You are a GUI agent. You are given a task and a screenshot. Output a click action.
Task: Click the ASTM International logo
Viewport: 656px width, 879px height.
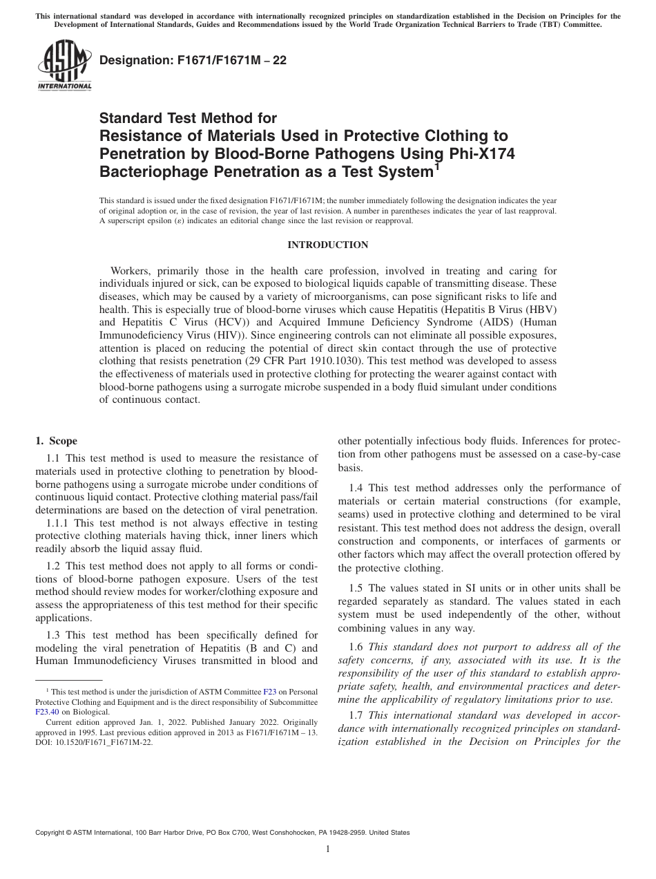[64, 66]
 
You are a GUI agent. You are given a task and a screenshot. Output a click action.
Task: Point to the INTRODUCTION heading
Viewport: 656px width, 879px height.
[327, 245]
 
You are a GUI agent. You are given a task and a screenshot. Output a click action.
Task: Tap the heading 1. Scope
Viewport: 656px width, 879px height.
[56, 441]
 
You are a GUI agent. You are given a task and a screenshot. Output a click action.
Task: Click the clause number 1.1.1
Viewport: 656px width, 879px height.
[59, 523]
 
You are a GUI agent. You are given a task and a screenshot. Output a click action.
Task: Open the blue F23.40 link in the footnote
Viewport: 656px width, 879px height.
[48, 711]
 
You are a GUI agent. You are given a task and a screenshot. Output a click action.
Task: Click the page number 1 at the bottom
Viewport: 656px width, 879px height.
[327, 849]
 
